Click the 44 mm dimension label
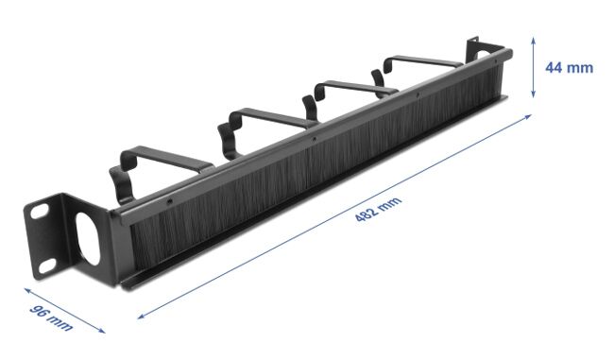coord(569,67)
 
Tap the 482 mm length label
coord(378,209)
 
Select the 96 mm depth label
coord(51,317)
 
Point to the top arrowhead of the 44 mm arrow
coord(533,40)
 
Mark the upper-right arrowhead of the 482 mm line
coord(528,116)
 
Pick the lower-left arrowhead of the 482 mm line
coord(141,317)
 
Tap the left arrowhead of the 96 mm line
coord(27,290)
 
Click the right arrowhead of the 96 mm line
coord(102,331)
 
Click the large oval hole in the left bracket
coord(87,238)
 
